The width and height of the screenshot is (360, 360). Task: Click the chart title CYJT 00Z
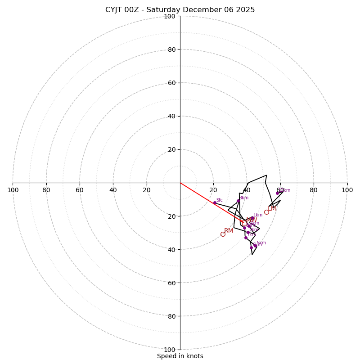(180, 10)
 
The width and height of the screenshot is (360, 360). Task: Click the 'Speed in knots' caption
(180, 356)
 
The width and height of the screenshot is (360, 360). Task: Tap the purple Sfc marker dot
(215, 203)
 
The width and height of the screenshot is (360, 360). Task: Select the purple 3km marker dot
(238, 201)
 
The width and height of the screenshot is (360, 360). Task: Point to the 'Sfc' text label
(220, 200)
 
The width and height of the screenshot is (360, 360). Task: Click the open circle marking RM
(223, 234)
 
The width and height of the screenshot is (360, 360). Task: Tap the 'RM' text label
(229, 231)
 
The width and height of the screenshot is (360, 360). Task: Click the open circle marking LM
(266, 212)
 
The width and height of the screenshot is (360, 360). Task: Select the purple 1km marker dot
(252, 218)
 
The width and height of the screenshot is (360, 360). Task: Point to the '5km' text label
(261, 243)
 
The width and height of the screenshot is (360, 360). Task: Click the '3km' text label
(244, 198)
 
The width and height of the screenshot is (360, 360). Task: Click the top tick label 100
(170, 16)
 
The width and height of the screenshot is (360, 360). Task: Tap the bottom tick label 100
(170, 350)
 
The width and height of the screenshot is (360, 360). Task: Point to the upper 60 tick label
(171, 83)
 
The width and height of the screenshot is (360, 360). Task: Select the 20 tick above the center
(171, 149)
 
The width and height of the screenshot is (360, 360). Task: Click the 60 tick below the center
(171, 283)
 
